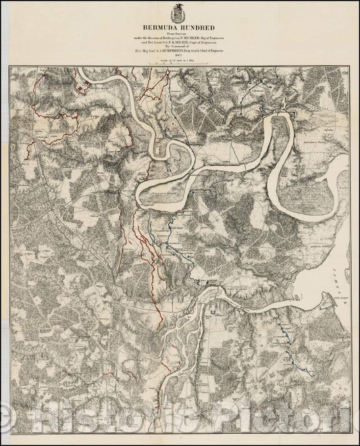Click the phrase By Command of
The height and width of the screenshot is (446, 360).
pyautogui.click(x=180, y=46)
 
